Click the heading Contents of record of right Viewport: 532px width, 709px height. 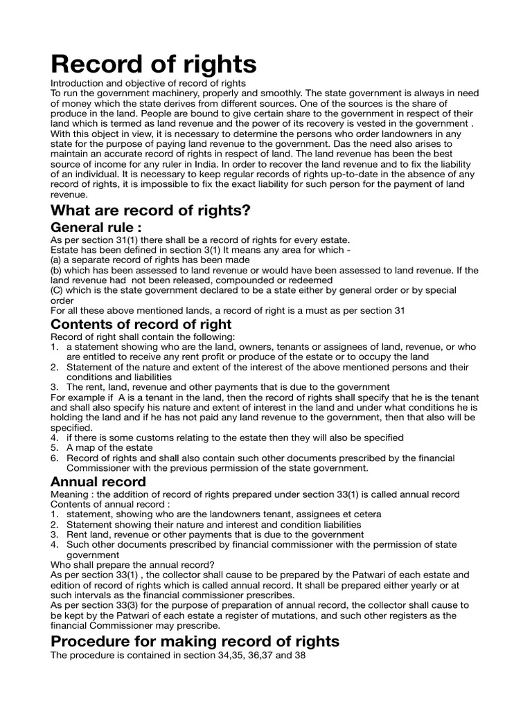(141, 324)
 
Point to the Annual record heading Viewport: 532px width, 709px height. (98, 481)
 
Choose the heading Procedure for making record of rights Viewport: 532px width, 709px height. (195, 641)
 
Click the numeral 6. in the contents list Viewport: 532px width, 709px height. (55, 458)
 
